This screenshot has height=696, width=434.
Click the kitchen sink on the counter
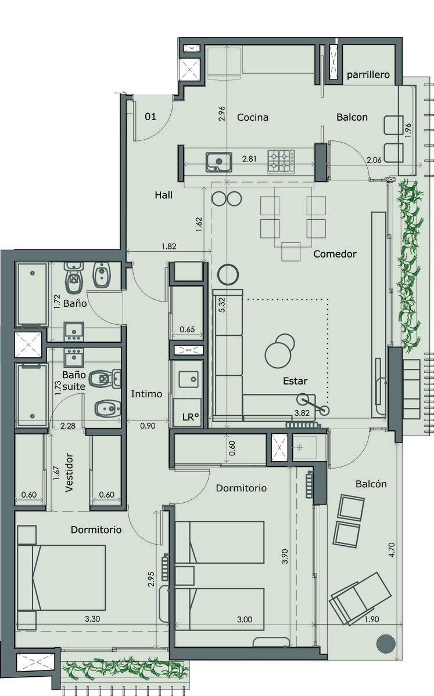pos(218,162)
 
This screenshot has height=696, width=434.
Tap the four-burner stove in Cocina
pos(281,162)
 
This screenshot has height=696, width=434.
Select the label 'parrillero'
pos(368,75)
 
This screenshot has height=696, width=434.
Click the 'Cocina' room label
pos(253,117)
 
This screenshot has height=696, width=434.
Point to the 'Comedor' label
pos(335,254)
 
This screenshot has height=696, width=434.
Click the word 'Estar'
pos(295,381)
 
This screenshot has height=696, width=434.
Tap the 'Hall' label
pos(163,195)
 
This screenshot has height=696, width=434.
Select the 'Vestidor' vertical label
pos(69,473)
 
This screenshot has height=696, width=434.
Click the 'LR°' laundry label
pos(191,417)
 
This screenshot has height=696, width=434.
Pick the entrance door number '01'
pos(150,117)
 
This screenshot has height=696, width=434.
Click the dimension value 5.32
pos(222,305)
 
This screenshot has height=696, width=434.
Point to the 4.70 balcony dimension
pos(392,550)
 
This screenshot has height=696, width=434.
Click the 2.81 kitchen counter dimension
pos(249,159)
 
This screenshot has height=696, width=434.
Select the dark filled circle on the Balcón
pos(386,643)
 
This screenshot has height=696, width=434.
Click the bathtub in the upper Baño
pos(33,293)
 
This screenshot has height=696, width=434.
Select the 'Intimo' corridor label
pos(146,394)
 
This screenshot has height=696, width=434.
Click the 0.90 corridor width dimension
pos(148,426)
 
